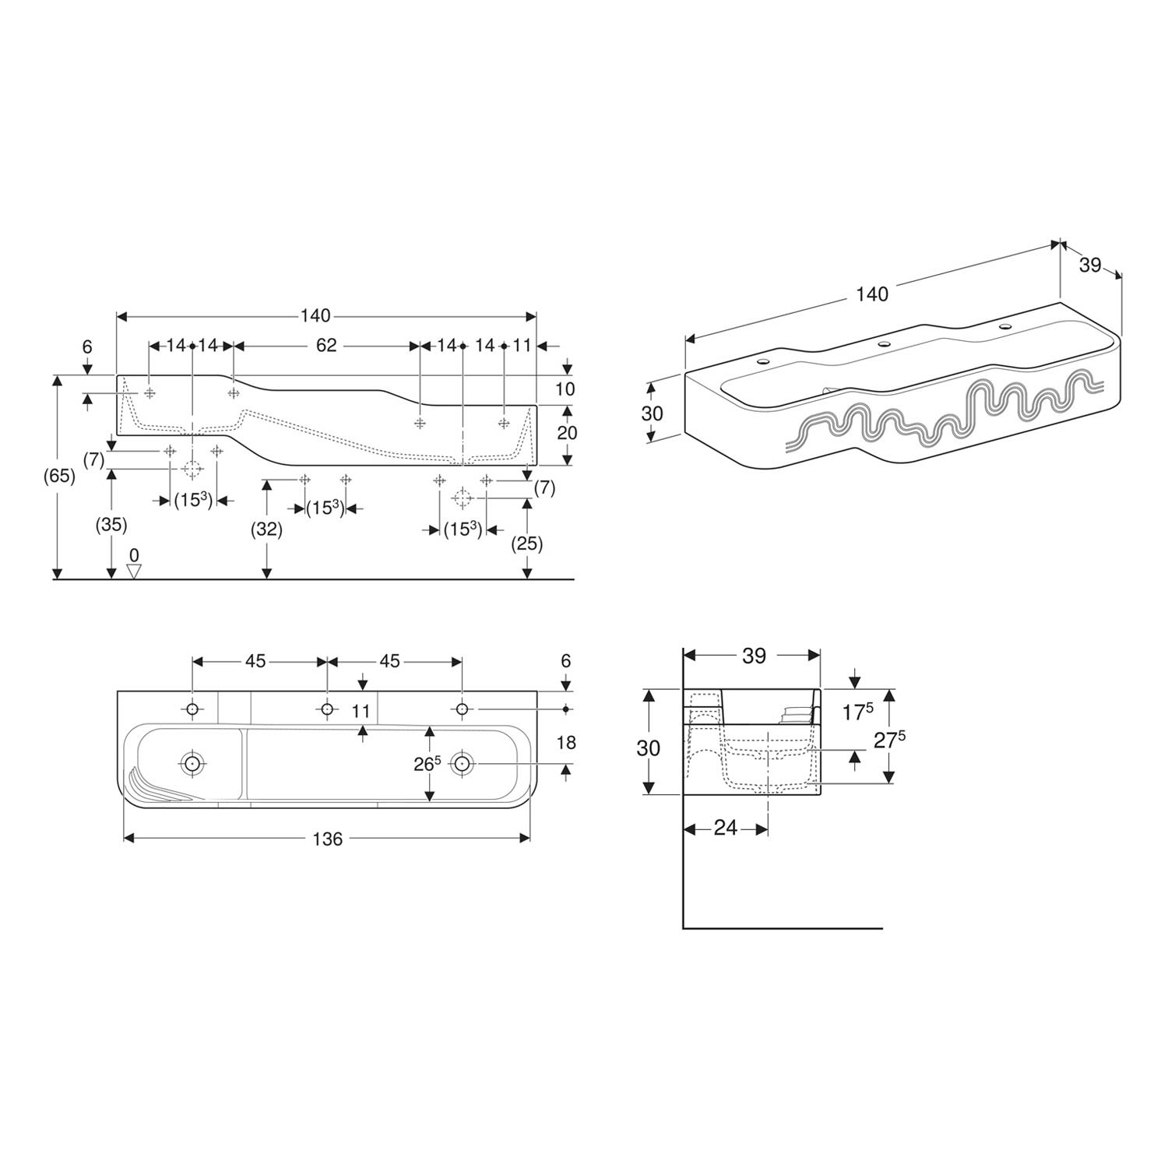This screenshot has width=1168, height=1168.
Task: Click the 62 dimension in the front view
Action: pyautogui.click(x=326, y=345)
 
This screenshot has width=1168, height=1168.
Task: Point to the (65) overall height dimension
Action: pyautogui.click(x=59, y=476)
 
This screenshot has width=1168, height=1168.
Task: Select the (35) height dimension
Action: pyautogui.click(x=111, y=525)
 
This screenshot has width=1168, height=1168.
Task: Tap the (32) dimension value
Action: pyautogui.click(x=266, y=529)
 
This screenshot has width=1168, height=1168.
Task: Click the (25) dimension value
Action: pyautogui.click(x=527, y=544)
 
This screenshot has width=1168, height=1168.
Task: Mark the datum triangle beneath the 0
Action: pyautogui.click(x=134, y=572)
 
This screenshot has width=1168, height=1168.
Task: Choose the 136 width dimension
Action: pyautogui.click(x=327, y=839)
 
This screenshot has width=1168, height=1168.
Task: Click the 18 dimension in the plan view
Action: pyautogui.click(x=566, y=743)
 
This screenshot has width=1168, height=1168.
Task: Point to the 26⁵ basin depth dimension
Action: pyautogui.click(x=427, y=765)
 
